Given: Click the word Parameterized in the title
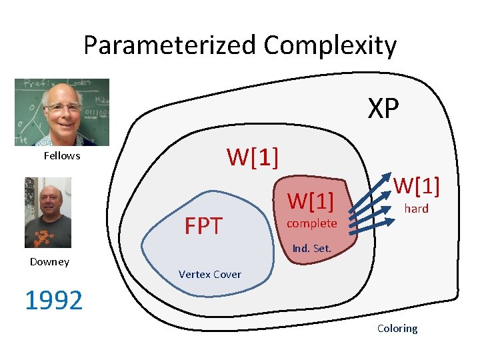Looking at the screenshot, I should point(170,46).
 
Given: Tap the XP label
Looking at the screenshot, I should point(383,109).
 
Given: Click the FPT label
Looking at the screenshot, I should point(203,227).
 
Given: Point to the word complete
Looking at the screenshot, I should point(312,223).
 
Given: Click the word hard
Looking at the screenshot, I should point(417,209).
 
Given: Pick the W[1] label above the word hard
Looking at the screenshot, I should point(417,186).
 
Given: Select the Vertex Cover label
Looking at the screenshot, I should point(210,274).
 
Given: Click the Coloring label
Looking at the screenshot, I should point(397,328).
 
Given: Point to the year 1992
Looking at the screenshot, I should point(53,301).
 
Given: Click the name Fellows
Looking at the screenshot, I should point(62,155).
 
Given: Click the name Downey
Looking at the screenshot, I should point(49,261).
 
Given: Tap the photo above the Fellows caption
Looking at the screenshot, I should point(62,112).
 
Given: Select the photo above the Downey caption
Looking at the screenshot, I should point(48,212).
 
